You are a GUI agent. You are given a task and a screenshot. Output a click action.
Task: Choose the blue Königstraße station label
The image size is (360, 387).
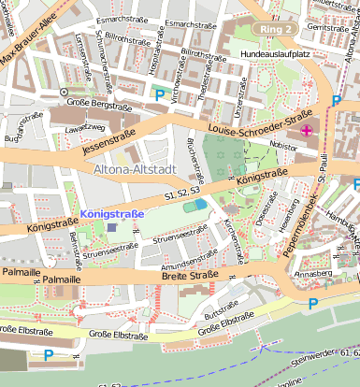112,214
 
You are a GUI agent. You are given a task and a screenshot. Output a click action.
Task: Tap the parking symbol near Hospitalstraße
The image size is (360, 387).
159,94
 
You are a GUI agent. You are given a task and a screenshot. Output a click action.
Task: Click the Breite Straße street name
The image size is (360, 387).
190,275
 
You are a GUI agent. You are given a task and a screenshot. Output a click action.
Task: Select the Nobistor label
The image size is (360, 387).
282,146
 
